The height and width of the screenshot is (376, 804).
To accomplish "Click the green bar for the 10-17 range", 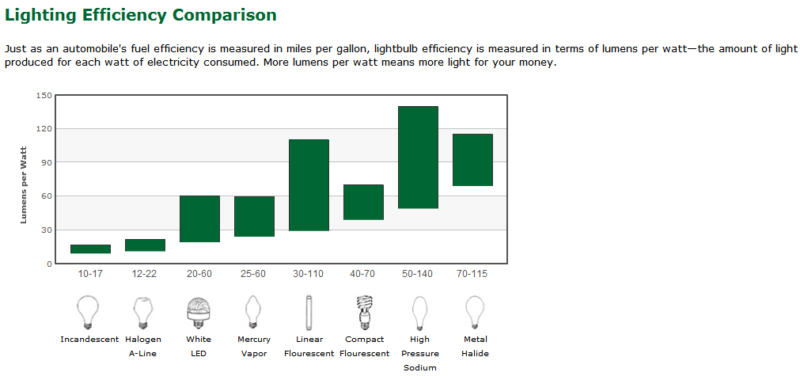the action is [x=91, y=249].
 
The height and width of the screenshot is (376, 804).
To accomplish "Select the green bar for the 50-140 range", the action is [x=418, y=158].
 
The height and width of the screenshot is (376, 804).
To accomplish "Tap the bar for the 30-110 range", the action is [x=309, y=185].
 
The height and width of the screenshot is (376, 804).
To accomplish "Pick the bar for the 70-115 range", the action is [x=472, y=160].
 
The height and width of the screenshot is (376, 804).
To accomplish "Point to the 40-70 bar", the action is [x=363, y=202].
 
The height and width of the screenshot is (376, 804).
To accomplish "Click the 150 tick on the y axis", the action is [x=44, y=95].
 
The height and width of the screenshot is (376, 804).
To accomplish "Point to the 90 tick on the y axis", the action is [x=47, y=162].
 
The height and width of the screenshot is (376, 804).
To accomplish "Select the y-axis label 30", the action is [x=47, y=230].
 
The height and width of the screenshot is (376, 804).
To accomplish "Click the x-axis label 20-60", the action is [x=199, y=274].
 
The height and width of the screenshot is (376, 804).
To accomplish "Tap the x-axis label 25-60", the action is [x=253, y=274].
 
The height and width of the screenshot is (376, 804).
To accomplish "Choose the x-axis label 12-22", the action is [x=145, y=274].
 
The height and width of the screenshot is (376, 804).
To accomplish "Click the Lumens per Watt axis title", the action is [x=24, y=185].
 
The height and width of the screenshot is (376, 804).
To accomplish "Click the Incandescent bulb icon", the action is [x=87, y=312].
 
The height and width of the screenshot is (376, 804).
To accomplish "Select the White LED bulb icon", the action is [x=199, y=312].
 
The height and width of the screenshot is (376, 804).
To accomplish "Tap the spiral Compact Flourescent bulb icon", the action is [x=365, y=312].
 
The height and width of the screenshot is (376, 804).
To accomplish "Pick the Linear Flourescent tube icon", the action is [x=309, y=312].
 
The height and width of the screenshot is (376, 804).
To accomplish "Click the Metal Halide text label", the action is [x=476, y=346].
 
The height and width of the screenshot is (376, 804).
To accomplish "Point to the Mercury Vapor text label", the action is [x=254, y=346].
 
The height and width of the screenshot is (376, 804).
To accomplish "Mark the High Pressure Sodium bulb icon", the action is [x=420, y=313].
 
